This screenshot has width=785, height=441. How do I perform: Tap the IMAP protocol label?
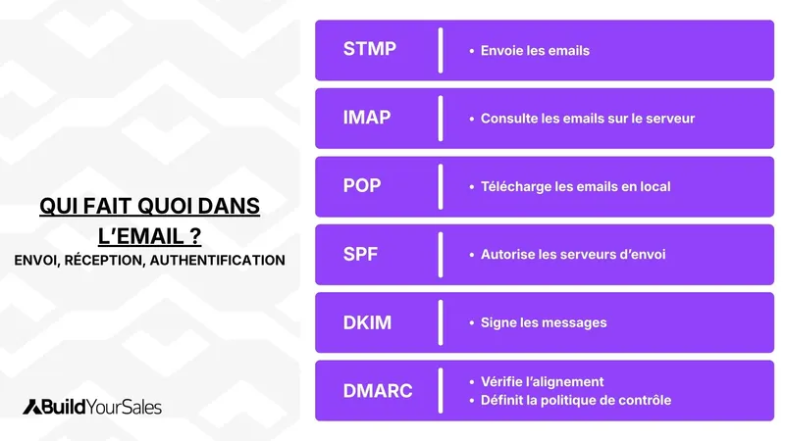tap(367, 118)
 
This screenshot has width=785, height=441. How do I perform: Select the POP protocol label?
tap(362, 185)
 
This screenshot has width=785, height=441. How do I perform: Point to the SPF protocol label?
tap(360, 254)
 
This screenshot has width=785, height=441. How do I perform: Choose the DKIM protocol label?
tap(367, 322)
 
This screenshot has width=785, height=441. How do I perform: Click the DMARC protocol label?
tap(378, 391)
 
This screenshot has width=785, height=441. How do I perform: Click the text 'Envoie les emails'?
tap(535, 50)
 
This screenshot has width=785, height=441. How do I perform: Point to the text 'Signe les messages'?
tap(544, 322)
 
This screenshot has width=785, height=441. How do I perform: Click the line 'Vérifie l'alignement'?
tap(542, 382)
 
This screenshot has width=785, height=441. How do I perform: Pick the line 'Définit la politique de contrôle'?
tap(576, 400)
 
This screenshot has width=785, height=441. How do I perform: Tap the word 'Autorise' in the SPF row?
tap(507, 255)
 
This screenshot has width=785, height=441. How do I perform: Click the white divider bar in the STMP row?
tap(441, 50)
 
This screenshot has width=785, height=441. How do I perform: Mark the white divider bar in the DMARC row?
tap(441, 391)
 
